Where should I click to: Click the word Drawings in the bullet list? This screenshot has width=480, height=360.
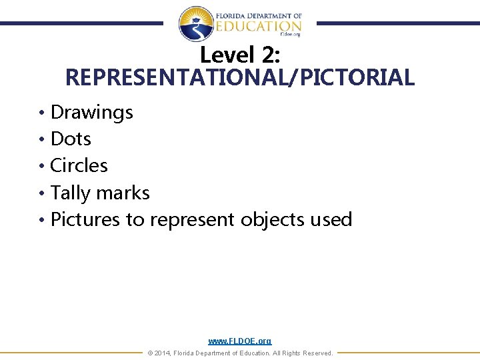click(x=92, y=112)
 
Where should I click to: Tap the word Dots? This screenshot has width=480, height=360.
click(x=71, y=139)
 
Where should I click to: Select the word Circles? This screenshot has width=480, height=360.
click(x=79, y=165)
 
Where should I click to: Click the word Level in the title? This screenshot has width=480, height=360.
click(x=225, y=55)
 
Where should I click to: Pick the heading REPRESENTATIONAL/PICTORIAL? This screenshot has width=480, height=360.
click(x=240, y=77)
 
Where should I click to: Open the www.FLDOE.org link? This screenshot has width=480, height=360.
click(x=240, y=341)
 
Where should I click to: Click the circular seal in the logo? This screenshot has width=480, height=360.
click(x=196, y=24)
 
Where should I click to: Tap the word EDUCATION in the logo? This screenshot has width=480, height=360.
click(x=257, y=26)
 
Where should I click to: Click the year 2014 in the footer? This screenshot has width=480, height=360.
click(x=162, y=353)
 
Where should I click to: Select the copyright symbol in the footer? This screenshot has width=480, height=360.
click(x=150, y=353)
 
